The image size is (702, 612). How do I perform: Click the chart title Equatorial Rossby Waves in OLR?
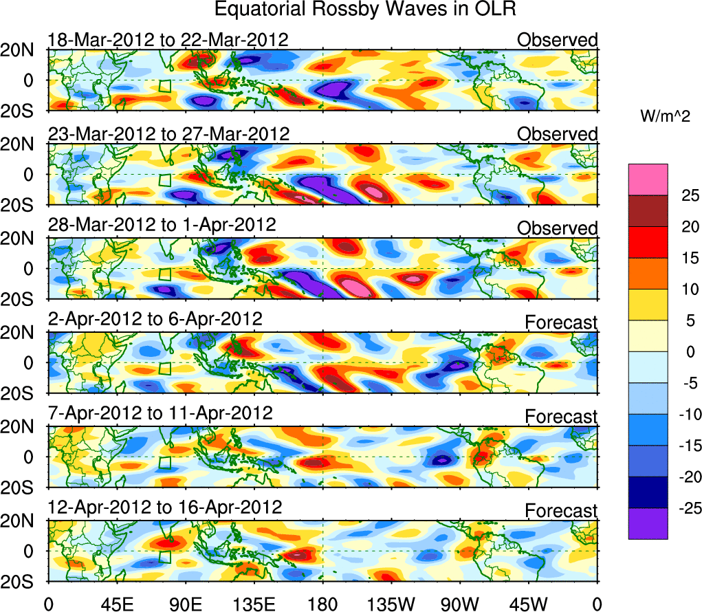tap(365, 10)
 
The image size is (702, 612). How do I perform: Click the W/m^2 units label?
tap(664, 117)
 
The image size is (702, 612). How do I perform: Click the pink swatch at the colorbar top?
tap(648, 179)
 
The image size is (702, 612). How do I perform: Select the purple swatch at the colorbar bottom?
tap(648, 523)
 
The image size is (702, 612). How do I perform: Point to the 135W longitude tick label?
tap(391, 603)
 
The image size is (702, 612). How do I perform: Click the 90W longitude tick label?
tap(460, 603)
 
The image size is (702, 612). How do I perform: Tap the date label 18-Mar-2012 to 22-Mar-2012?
tap(168, 40)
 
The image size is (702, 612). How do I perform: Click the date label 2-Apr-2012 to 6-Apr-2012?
tap(155, 320)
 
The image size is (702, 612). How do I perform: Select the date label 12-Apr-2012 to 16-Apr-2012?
tap(165, 508)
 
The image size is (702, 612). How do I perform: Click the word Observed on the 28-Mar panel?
tap(558, 228)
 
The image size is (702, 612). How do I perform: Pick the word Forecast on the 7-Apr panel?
tap(562, 417)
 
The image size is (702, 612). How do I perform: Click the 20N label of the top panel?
tap(22, 50)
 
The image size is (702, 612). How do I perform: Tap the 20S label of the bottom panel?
tap(22, 582)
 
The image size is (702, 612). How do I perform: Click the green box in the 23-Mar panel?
tap(164, 180)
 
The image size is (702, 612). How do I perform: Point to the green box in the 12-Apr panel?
tap(164, 556)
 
